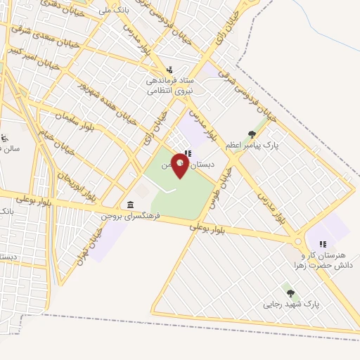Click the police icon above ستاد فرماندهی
pyautogui.click(x=170, y=70)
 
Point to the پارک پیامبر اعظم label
pyautogui.click(x=252, y=145)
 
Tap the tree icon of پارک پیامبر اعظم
pyautogui.click(x=252, y=134)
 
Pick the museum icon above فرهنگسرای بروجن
pyautogui.click(x=130, y=205)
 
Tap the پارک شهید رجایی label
pyautogui.click(x=291, y=304)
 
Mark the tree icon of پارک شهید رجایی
pyautogui.click(x=290, y=292)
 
